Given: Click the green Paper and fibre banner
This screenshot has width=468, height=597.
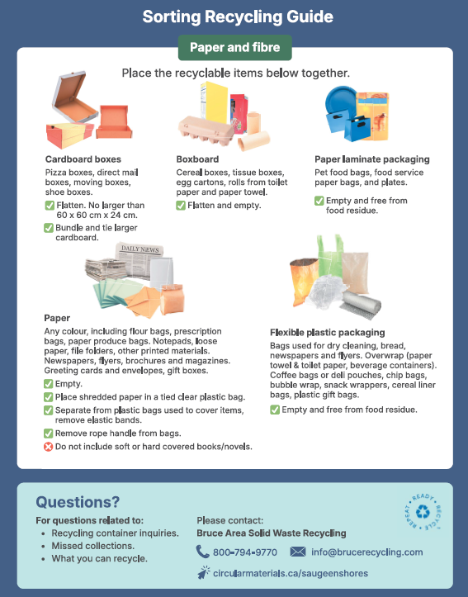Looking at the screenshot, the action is (234, 48).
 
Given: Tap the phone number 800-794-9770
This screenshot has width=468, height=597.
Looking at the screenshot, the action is (245, 552).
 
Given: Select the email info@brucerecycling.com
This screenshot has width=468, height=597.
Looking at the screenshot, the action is (366, 552).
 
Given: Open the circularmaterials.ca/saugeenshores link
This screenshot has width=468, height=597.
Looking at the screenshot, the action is (291, 573).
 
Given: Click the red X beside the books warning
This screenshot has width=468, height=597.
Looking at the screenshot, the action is (49, 447).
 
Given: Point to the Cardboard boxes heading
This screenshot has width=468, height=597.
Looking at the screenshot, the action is (83, 159).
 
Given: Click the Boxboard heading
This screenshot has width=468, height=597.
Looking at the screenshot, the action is (197, 159).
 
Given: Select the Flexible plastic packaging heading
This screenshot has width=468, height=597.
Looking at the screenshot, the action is (327, 333).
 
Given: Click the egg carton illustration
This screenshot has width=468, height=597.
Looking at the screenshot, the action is (206, 130).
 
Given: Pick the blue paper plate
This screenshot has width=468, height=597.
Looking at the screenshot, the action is (340, 102).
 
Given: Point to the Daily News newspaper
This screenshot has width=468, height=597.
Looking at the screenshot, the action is (139, 260).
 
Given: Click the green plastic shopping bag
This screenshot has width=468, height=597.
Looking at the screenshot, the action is (330, 256).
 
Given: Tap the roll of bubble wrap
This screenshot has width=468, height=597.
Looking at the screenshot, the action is (360, 306).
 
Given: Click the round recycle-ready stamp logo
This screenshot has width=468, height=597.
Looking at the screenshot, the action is (423, 512).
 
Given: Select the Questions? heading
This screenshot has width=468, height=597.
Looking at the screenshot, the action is (78, 502).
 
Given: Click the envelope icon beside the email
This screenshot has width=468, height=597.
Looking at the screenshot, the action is (297, 552).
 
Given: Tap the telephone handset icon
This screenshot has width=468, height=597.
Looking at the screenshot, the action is (202, 552).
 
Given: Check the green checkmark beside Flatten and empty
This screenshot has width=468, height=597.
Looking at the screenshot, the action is (181, 206).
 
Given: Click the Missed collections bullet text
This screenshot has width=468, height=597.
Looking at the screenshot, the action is (92, 546).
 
